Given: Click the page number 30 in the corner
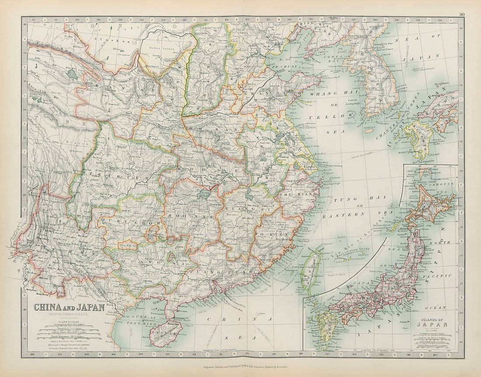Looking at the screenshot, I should [x=462, y=14].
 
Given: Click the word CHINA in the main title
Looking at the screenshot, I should [x=48, y=307].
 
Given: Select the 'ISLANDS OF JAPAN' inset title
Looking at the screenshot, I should [x=431, y=322].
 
